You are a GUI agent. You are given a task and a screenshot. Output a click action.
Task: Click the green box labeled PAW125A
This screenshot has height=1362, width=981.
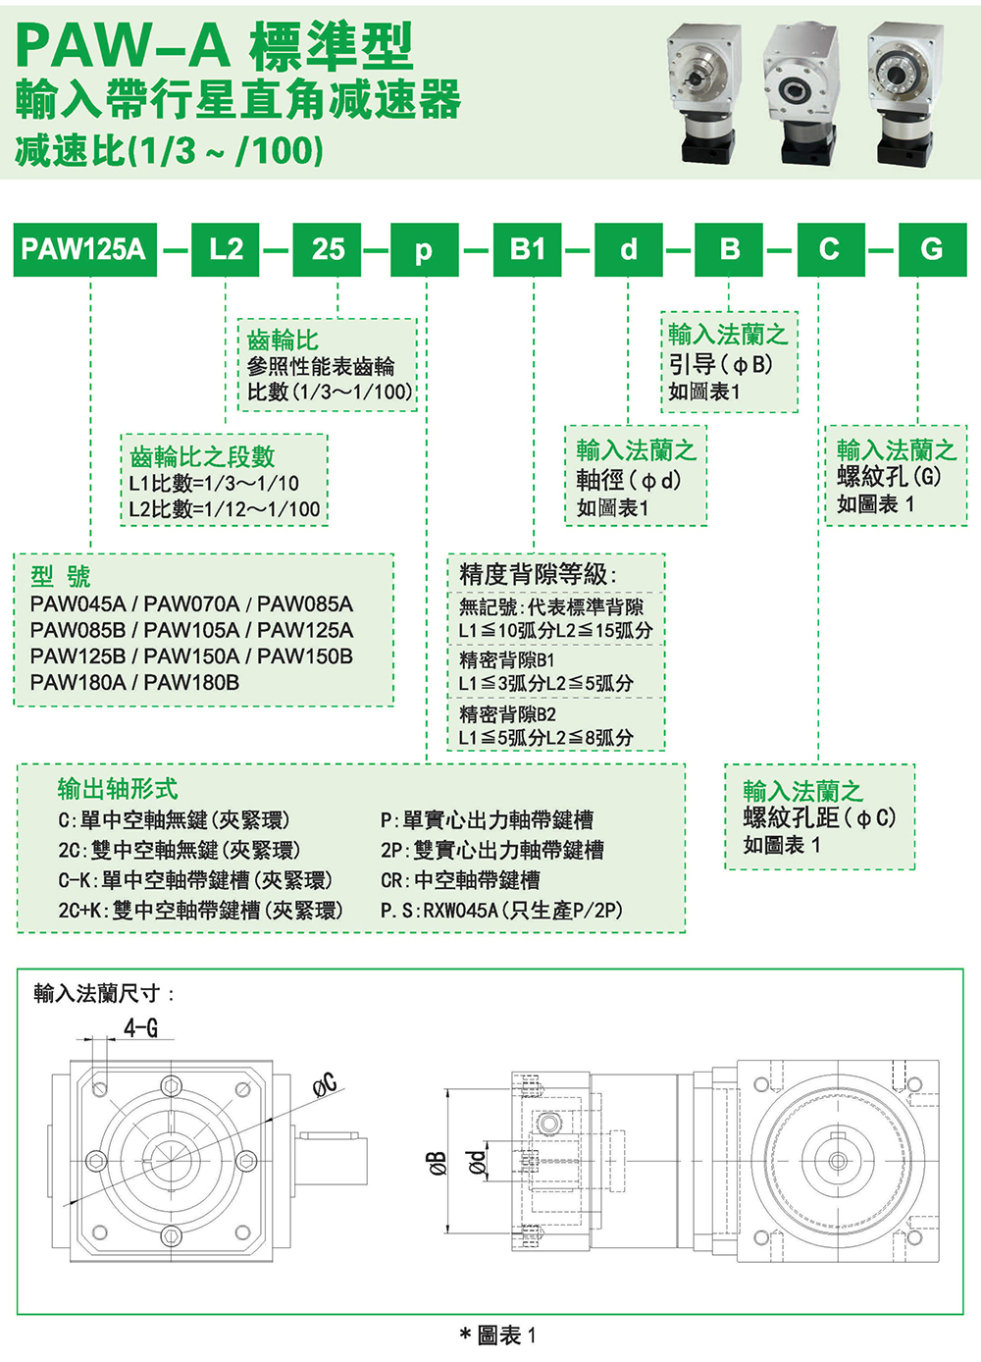[84, 249]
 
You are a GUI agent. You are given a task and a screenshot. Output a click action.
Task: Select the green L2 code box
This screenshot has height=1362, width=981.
[225, 249]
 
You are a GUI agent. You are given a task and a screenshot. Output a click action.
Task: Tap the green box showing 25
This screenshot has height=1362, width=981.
[328, 249]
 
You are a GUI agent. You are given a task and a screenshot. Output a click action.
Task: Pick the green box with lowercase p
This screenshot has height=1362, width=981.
[424, 249]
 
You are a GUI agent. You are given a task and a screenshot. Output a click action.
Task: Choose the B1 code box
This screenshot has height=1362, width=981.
[527, 249]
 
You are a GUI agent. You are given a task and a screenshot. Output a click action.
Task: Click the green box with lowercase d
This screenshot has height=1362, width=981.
[628, 249]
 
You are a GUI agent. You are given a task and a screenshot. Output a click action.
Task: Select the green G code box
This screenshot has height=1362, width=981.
[931, 249]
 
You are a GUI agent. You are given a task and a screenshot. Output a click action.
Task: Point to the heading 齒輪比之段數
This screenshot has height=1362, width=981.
[202, 456]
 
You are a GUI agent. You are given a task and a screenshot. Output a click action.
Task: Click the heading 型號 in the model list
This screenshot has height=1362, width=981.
[60, 576]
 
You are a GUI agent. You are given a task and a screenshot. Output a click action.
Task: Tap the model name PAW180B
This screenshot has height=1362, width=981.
[191, 682]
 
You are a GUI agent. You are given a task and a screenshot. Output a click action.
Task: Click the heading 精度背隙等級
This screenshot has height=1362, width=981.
[538, 574]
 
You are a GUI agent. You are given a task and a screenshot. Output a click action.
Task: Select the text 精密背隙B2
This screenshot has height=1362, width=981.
[507, 713]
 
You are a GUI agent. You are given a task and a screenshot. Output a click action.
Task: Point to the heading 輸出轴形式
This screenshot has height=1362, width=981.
[118, 789]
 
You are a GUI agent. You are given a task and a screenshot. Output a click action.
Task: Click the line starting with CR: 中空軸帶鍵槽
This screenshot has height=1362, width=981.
[460, 880]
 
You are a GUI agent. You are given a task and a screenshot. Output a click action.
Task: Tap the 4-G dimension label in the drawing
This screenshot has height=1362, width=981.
[140, 1027]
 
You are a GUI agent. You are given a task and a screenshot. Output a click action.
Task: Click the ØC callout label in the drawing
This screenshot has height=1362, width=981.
[325, 1083]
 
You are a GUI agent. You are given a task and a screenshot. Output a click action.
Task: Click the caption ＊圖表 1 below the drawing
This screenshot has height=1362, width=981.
[498, 1336]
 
